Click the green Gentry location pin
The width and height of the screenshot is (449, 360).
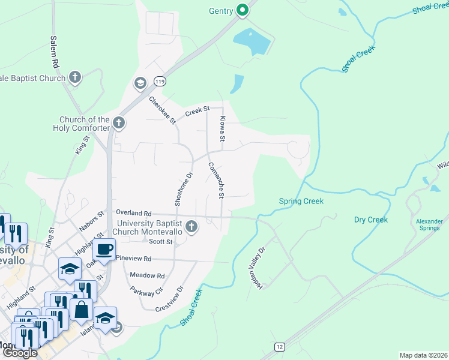(x=243, y=10)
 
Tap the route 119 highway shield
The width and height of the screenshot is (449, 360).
(x=159, y=81)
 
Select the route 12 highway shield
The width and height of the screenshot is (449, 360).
(x=279, y=347)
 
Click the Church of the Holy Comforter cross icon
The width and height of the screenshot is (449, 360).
(x=119, y=124)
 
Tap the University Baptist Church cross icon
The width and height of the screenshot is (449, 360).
(x=191, y=226)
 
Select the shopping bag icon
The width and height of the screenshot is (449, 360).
(x=81, y=311)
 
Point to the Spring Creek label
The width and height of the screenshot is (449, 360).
(x=301, y=201)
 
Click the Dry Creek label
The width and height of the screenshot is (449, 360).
(x=371, y=220)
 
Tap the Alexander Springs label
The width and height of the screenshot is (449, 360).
(x=429, y=224)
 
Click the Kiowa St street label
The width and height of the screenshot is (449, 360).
(x=222, y=128)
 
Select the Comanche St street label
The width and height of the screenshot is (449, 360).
(x=215, y=180)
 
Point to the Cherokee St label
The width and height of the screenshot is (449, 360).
(x=162, y=110)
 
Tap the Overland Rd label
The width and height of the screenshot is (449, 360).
(x=133, y=213)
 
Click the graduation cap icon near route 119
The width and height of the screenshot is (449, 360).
(x=140, y=83)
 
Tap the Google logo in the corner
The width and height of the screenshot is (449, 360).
(x=20, y=353)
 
